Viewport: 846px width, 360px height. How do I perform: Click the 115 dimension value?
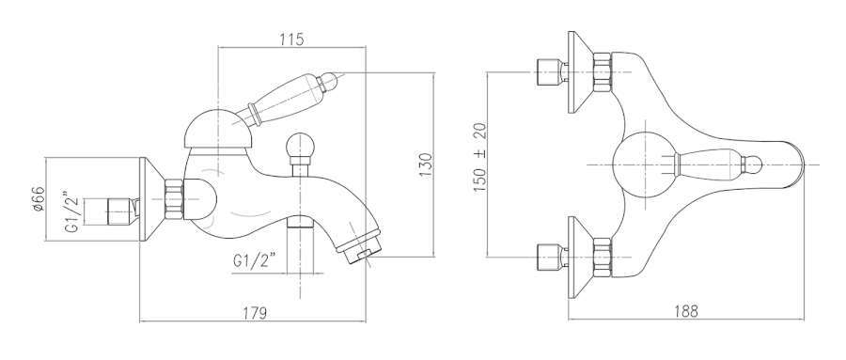tap(291, 39)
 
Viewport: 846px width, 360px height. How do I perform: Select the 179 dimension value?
tap(254, 312)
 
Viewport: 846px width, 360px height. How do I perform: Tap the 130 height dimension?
tap(426, 164)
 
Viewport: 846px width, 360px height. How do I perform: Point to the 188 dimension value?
tap(686, 311)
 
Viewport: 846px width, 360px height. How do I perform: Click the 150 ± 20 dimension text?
tap(479, 157)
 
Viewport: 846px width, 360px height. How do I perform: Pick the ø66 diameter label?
tap(38, 198)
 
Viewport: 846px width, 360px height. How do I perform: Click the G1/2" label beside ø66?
tap(72, 211)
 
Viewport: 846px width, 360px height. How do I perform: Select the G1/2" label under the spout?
tap(255, 260)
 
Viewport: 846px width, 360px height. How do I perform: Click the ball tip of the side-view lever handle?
tap(330, 81)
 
